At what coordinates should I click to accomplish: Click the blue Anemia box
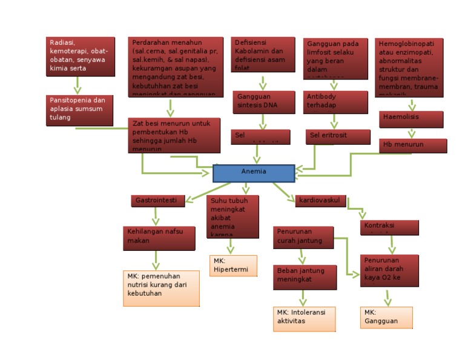pyautogui.click(x=254, y=173)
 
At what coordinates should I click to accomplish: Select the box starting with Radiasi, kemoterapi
pyautogui.click(x=80, y=56)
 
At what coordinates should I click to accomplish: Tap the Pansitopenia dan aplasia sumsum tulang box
pyautogui.click(x=80, y=110)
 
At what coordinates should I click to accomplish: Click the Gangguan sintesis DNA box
pyautogui.click(x=262, y=102)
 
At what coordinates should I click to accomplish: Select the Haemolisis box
pyautogui.click(x=412, y=118)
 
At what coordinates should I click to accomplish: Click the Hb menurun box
pyautogui.click(x=413, y=145)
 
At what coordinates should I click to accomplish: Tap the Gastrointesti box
pyautogui.click(x=157, y=201)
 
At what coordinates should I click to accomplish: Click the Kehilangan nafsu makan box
pyautogui.click(x=159, y=238)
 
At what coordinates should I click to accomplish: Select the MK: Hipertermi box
pyautogui.click(x=233, y=265)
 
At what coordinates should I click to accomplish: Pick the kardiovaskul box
pyautogui.click(x=320, y=201)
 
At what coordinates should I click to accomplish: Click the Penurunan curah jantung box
pyautogui.click(x=303, y=237)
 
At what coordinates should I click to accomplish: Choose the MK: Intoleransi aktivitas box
pyautogui.click(x=304, y=319)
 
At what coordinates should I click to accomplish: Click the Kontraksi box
pyautogui.click(x=389, y=227)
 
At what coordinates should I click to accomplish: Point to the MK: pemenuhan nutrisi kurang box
pyautogui.click(x=160, y=288)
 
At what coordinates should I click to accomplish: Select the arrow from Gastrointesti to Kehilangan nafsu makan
pyautogui.click(x=156, y=216)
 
